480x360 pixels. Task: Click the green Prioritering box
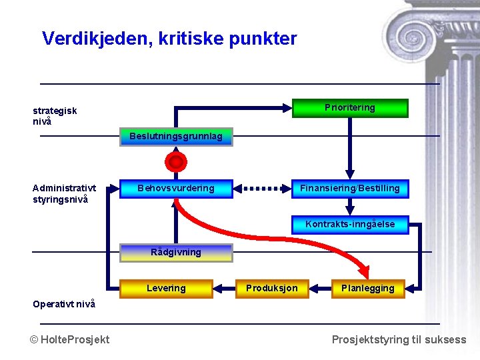pos(350,108)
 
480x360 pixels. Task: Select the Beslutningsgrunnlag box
pos(176,137)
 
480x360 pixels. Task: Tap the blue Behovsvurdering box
pos(176,189)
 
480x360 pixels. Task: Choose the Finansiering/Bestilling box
pos(350,189)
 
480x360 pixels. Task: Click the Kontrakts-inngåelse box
pos(350,225)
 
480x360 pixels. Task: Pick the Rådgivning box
pos(176,253)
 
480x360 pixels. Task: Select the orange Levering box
pos(166,289)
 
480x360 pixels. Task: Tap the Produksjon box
pos(272,289)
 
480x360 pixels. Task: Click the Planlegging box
pos(368,289)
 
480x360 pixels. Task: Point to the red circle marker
pos(176,162)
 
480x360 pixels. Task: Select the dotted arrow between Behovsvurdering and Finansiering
pos(263,189)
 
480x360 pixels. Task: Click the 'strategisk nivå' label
pos(55,116)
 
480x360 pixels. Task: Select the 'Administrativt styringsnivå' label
pos(64,194)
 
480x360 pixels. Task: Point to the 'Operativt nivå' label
pos(64,304)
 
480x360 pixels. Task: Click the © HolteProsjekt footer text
pos(70,339)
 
